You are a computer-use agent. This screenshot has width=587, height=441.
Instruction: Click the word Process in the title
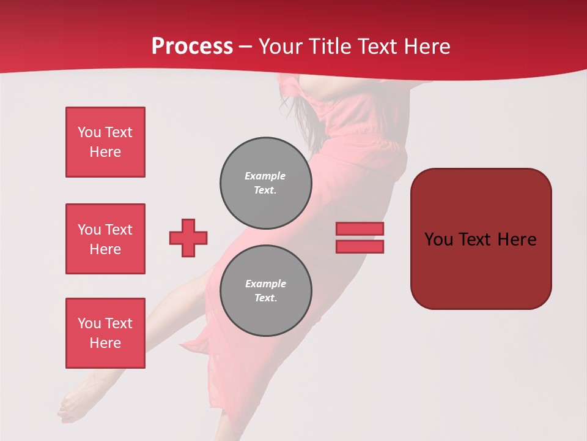[x=192, y=47]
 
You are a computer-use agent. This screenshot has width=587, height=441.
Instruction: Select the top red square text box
[x=105, y=142]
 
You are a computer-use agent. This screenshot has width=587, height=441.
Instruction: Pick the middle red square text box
[x=105, y=239]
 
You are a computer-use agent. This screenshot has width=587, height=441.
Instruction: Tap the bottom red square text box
[x=105, y=333]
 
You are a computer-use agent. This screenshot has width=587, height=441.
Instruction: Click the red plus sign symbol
[x=188, y=238]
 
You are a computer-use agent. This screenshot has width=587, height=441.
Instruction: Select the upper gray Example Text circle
[x=265, y=183]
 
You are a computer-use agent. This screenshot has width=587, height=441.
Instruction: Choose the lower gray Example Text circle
[x=265, y=290]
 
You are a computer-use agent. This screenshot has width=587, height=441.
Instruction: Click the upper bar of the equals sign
[x=360, y=229]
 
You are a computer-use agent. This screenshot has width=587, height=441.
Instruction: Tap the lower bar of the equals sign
[x=360, y=246]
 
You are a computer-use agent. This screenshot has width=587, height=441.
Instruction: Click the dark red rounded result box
[x=481, y=239]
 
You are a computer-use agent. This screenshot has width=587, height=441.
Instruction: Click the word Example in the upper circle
[x=265, y=176]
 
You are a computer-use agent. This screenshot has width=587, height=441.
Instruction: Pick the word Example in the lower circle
[x=265, y=284]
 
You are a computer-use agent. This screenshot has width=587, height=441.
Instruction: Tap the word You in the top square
[x=89, y=132]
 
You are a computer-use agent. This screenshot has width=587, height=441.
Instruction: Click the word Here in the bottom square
[x=105, y=343]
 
